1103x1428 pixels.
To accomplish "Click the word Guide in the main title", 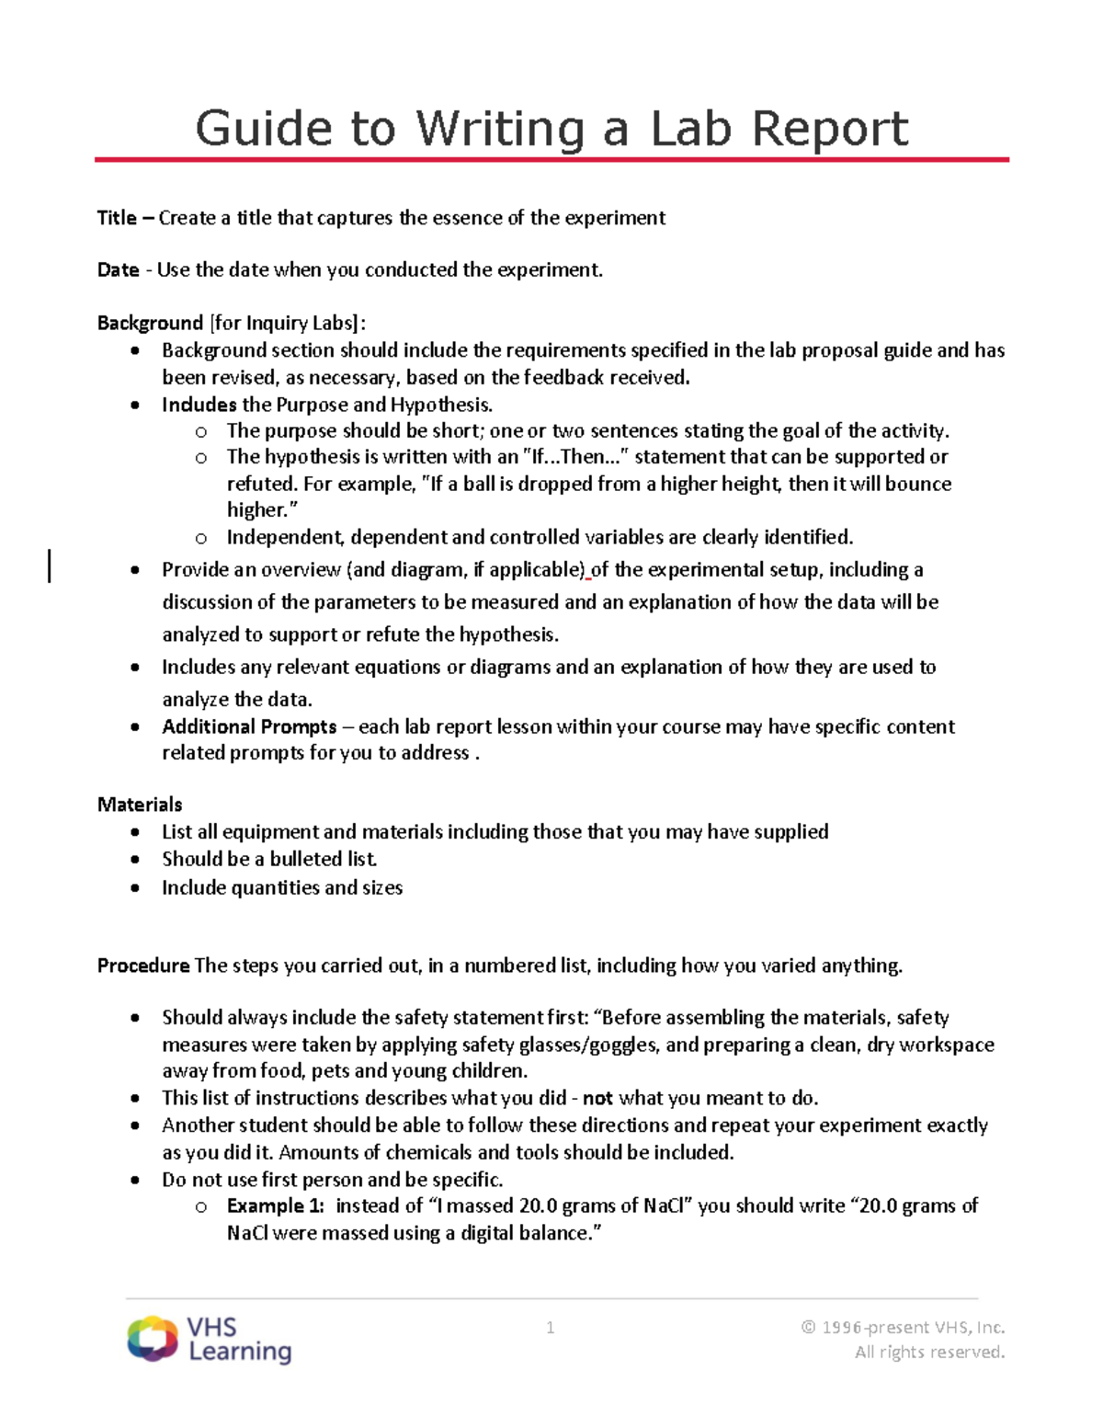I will (x=263, y=129).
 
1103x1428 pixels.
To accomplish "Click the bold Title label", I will (x=117, y=218).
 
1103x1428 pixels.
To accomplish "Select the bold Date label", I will (x=119, y=270).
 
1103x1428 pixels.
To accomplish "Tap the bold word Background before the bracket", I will (x=150, y=323).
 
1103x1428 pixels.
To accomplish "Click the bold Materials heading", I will (x=140, y=805).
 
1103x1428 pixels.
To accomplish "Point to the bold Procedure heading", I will (x=143, y=965).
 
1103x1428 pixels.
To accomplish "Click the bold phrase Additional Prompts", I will (x=249, y=726).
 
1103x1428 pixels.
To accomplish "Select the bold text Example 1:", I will (x=275, y=1205).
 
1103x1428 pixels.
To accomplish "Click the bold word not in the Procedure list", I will (x=597, y=1098).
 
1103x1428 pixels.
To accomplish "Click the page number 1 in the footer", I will (x=550, y=1327).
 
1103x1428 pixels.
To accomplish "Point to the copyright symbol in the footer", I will (x=808, y=1327).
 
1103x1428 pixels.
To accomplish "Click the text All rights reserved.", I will (x=929, y=1352).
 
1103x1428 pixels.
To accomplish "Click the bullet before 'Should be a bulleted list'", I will (x=136, y=860).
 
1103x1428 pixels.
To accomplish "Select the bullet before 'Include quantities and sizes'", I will (x=136, y=888).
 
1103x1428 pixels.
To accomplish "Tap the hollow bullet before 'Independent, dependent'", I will (x=201, y=538).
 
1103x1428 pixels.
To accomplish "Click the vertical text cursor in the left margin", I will (x=50, y=565).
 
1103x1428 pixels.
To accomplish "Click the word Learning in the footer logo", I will (x=240, y=1351).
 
